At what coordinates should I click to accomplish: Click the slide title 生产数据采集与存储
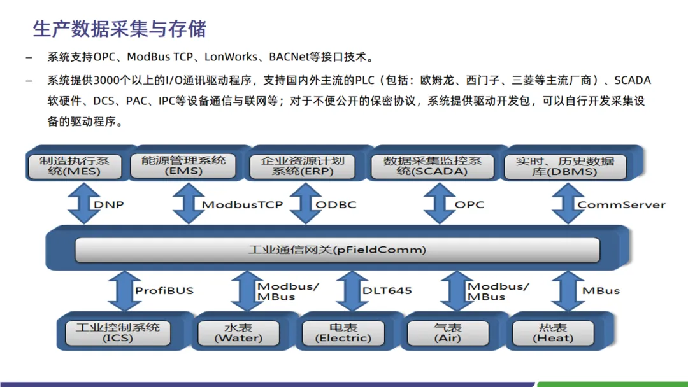pos(120,29)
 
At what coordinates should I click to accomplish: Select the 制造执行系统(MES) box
pos(75,166)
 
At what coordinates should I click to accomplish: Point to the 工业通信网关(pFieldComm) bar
pos(337,250)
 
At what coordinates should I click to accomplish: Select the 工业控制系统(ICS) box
pos(118,333)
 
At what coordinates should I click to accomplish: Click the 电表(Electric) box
pos(343,333)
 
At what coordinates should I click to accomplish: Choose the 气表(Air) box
pos(447,333)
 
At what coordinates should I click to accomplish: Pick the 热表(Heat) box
pos(552,333)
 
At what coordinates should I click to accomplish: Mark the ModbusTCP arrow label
pos(242,205)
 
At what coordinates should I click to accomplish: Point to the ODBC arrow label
pos(336,205)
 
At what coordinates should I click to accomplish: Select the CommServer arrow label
pos(621,205)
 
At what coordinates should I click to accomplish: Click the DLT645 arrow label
pos(387,291)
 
